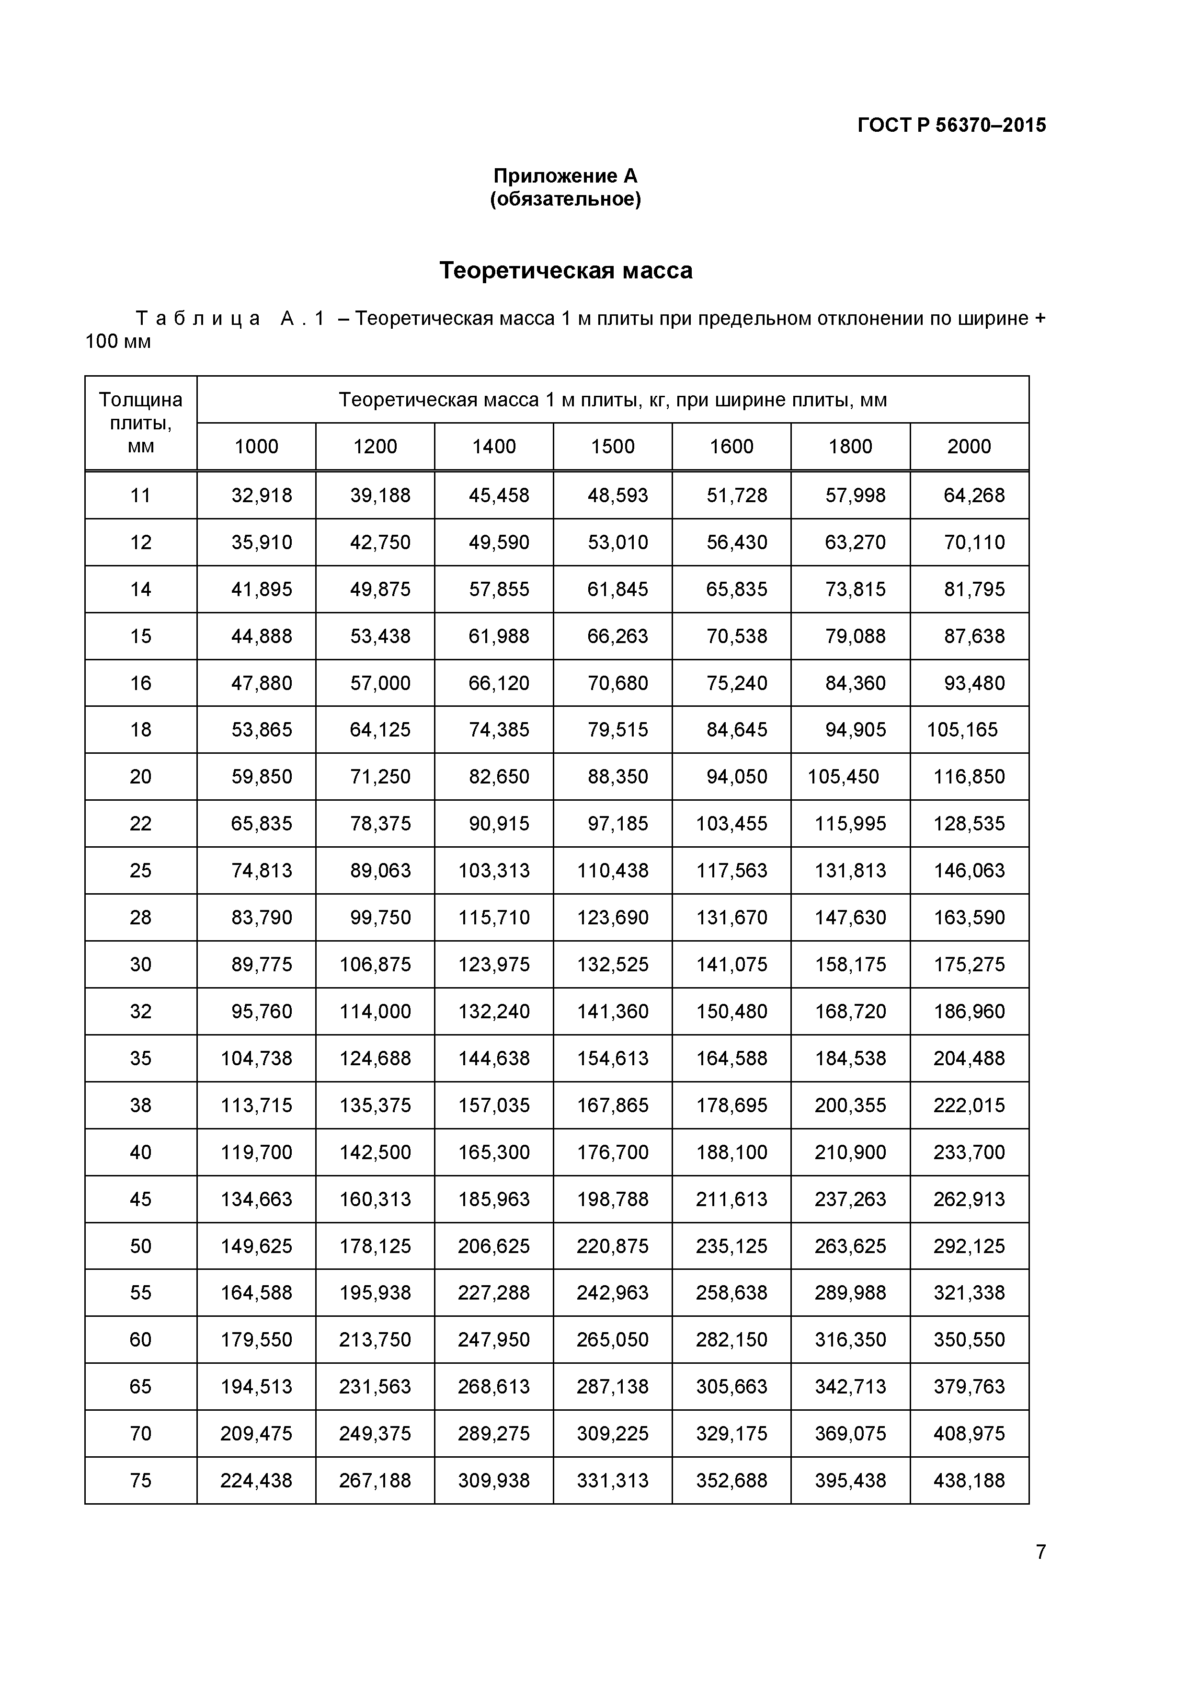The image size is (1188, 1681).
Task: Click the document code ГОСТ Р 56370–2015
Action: click(951, 125)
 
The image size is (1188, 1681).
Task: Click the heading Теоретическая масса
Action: click(565, 271)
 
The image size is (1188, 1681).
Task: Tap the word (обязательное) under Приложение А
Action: click(565, 199)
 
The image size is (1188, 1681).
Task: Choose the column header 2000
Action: click(969, 447)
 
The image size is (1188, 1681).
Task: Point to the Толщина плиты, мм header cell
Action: click(140, 423)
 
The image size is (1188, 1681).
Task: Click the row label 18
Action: click(140, 730)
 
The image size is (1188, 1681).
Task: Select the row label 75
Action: click(140, 1480)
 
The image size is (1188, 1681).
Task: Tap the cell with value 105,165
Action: click(962, 730)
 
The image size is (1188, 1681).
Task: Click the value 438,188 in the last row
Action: click(969, 1480)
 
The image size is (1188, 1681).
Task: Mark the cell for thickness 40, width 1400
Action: click(493, 1152)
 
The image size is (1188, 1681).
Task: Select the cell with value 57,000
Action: click(380, 683)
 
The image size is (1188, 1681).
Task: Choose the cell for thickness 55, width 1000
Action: click(256, 1293)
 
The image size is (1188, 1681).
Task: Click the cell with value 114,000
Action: click(375, 1012)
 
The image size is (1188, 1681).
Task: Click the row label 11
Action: click(140, 495)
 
